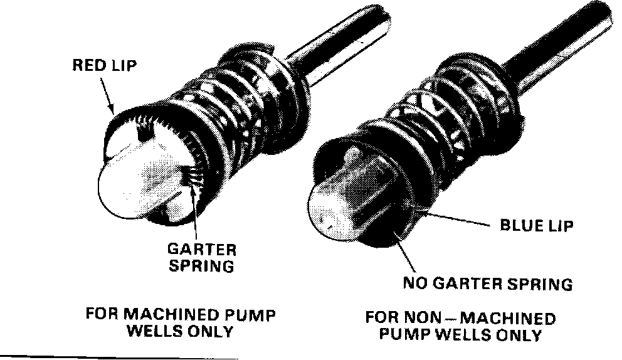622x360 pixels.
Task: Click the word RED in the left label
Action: pyautogui.click(x=86, y=65)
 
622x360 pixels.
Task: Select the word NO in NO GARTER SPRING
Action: pyautogui.click(x=414, y=284)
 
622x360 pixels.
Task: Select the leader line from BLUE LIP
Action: pyautogui.click(x=451, y=220)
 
